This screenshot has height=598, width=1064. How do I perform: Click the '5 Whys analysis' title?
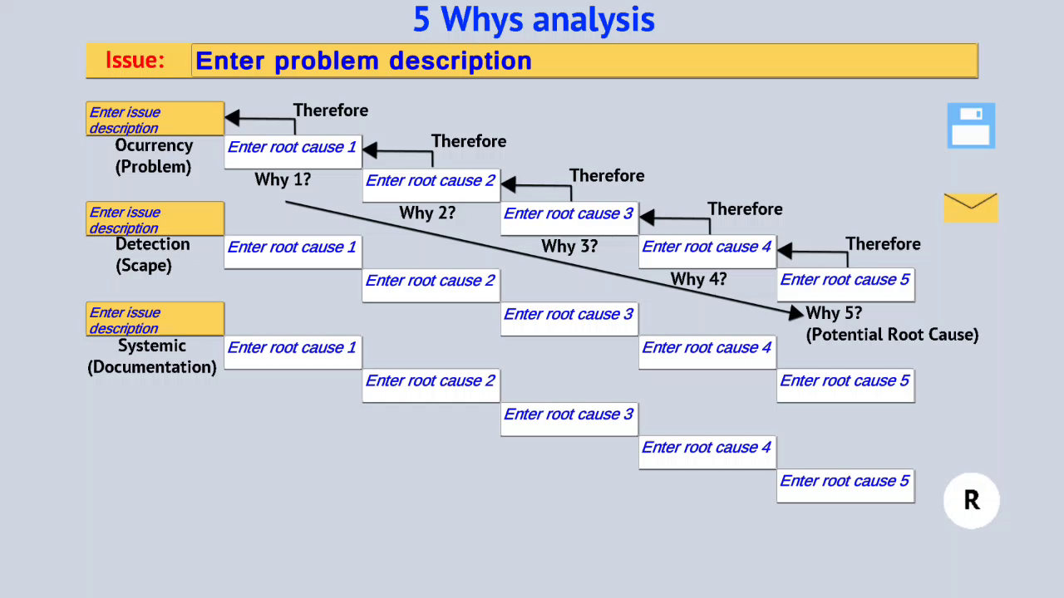534,19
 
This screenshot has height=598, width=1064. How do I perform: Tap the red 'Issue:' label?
135,61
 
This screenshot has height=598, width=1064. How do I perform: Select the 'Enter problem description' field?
584,61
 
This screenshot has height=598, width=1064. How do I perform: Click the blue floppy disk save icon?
971,125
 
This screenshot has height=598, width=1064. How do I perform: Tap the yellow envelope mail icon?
970,208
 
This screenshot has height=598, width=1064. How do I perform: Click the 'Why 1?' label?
283,179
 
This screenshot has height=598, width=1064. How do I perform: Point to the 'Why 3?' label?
569,247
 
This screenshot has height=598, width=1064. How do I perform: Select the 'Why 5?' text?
834,313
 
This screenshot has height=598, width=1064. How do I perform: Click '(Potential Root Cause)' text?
892,335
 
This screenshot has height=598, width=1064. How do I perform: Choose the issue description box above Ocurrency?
155,120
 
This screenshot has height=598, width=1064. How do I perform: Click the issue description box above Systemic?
155,320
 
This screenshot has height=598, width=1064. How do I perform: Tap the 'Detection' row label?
152,244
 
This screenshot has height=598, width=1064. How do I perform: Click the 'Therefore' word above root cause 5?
883,243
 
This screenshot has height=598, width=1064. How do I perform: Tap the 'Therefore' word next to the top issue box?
330,110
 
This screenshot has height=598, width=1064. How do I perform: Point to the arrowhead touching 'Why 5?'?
797,314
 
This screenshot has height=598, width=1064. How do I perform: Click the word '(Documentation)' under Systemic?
152,367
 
